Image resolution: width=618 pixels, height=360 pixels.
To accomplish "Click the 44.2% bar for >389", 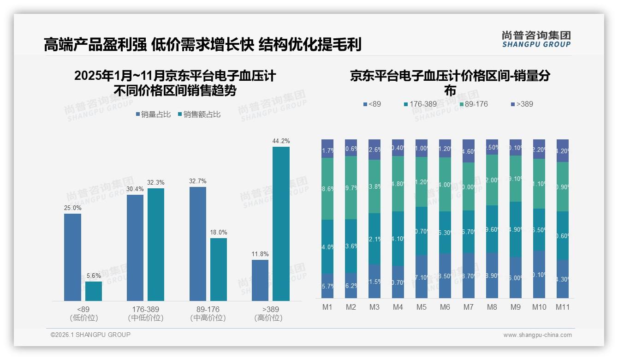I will coord(281,224).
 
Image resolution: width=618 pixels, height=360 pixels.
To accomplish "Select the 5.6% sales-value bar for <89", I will coord(94,291).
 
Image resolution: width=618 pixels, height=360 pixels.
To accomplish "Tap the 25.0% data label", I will coord(72,208).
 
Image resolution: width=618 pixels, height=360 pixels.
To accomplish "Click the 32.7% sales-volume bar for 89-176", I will coord(197,244).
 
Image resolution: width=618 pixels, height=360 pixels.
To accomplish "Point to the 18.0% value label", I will coord(219,233).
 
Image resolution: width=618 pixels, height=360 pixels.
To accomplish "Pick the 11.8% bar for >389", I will coord(260,280).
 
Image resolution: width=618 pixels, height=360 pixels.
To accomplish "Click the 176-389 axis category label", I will coord(145,309).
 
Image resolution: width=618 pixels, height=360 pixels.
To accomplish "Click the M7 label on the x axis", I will coord(469,307).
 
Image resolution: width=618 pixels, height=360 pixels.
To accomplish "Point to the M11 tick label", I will coord(562,307).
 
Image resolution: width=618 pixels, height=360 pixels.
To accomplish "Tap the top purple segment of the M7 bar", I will coord(469,151).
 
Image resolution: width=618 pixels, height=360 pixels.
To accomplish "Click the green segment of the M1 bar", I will coord(327,189).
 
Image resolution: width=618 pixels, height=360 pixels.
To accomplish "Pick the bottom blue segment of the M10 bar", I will coord(539,274).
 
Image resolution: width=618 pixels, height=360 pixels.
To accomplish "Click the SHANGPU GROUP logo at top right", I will coord(536,39).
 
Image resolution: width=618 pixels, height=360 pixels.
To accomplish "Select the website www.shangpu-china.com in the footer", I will coord(537,335).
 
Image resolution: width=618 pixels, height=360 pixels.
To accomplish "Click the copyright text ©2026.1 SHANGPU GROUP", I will coord(90,335).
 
